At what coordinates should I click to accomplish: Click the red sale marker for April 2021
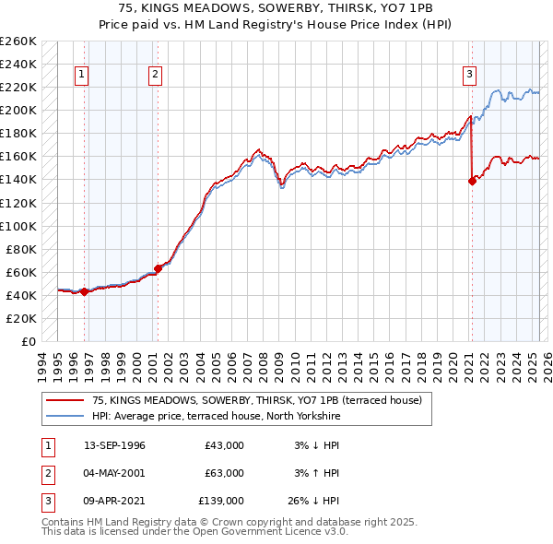coord(472,181)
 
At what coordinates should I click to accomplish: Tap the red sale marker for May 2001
coord(158,268)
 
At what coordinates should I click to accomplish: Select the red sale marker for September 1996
coord(84,291)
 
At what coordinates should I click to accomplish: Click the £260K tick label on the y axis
coord(18,41)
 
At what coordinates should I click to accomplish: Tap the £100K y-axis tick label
coord(18,226)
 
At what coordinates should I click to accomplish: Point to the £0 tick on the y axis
coord(29,341)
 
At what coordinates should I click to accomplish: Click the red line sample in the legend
coord(64,400)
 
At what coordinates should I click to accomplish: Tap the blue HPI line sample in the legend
coord(64,417)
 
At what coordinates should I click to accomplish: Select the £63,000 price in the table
coord(225,473)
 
